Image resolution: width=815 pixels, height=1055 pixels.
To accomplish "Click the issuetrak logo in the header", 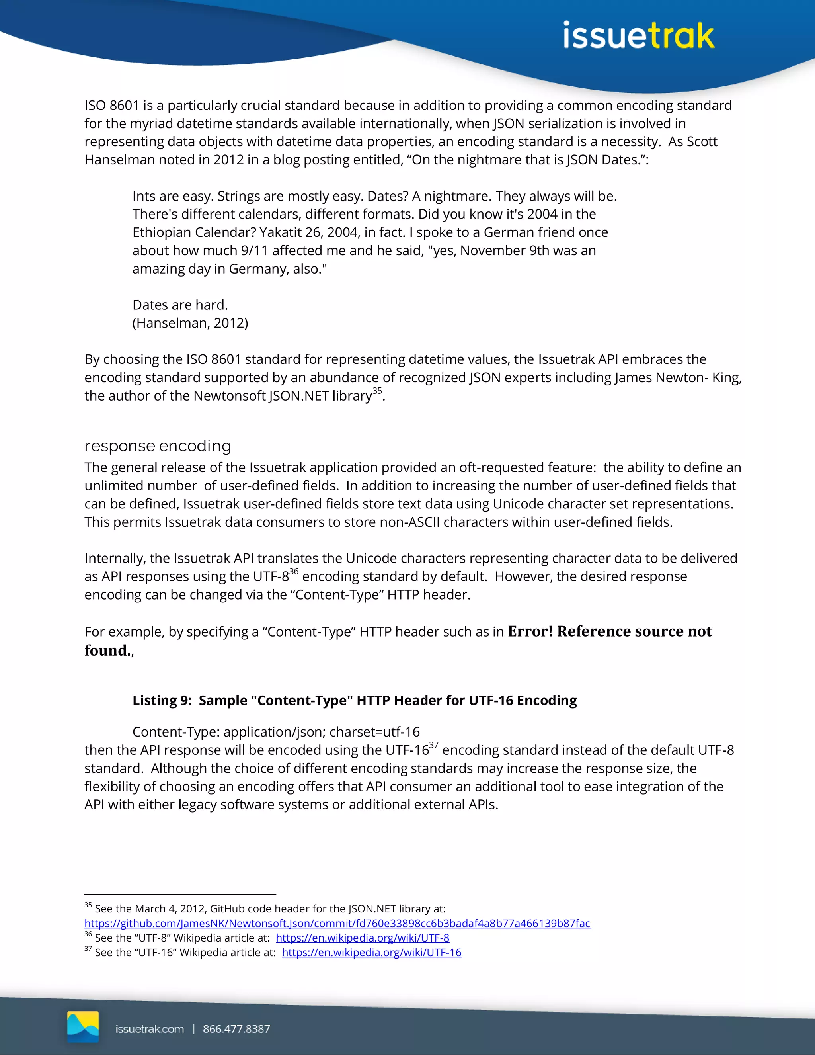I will [638, 36].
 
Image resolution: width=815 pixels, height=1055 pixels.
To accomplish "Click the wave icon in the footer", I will [83, 1026].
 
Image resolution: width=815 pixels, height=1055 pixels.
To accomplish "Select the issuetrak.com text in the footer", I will [150, 1029].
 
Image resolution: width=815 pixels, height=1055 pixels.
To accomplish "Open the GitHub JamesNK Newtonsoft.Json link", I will [337, 923].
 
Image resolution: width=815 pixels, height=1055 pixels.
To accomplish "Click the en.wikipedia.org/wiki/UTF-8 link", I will [362, 938].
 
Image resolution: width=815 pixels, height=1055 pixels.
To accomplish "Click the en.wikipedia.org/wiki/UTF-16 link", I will [371, 953].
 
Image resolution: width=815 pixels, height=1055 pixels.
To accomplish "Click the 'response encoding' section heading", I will [158, 445].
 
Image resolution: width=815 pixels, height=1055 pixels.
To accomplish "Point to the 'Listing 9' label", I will [162, 700].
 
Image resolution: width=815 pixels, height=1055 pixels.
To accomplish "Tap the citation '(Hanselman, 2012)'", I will [190, 323].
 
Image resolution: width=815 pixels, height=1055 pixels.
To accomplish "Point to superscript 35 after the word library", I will [377, 390].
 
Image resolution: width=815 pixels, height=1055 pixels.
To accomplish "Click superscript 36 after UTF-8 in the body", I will [294, 571].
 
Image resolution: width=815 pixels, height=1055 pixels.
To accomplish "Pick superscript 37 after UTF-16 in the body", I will [434, 745].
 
